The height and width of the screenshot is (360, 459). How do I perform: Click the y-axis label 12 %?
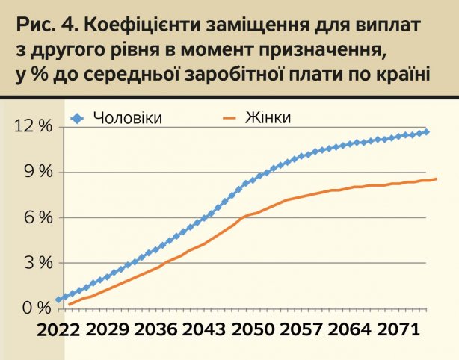tap(34, 126)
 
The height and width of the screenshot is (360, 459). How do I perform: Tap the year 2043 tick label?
tap(203, 330)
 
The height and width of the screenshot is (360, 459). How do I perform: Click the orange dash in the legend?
tap(229, 117)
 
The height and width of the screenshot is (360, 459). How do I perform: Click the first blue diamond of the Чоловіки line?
tap(59, 300)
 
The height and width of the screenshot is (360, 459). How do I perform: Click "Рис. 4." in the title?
tap(41, 25)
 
